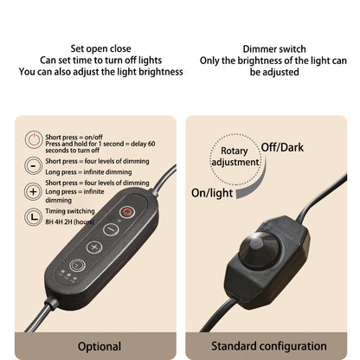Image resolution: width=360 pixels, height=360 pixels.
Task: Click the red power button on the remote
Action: (127, 212)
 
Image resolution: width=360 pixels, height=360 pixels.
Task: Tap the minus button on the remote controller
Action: (111, 229)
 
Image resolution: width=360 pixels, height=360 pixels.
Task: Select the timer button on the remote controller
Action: (77, 265)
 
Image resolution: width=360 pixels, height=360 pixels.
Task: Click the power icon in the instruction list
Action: (34, 139)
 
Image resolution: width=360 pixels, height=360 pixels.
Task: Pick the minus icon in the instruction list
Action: (33, 165)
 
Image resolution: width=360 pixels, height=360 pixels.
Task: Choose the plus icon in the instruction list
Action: (33, 191)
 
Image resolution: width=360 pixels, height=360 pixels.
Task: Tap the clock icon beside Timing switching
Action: (34, 217)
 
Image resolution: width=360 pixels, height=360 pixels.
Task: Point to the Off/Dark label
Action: (282, 148)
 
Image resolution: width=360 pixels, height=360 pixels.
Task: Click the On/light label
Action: (212, 193)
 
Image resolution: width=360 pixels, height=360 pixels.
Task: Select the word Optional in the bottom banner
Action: (100, 346)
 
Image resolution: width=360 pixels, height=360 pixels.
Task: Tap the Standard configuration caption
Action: (269, 346)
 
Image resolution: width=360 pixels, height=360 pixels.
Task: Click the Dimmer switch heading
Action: (274, 48)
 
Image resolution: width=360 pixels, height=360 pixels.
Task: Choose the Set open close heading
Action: (100, 48)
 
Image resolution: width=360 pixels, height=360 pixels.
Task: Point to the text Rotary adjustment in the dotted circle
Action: (235, 157)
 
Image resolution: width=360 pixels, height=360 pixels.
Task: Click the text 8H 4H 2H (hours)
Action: (69, 222)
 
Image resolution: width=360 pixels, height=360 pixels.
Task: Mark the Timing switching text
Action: (70, 211)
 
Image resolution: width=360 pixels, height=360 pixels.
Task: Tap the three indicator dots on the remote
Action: (67, 275)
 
